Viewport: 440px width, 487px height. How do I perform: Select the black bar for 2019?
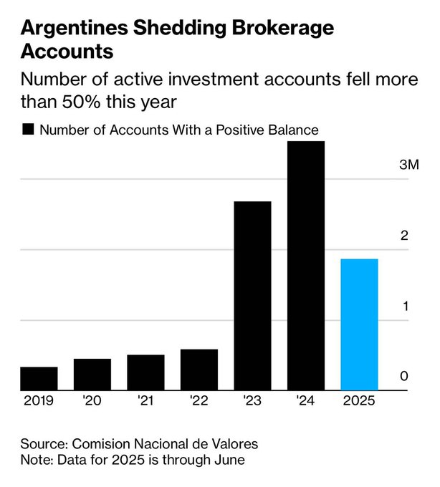[39, 379]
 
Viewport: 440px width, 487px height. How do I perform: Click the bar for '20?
[92, 375]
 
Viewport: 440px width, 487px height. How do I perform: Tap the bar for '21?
[145, 372]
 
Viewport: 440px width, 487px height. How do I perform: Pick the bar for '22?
[199, 370]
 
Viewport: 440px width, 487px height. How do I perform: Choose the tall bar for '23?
[252, 296]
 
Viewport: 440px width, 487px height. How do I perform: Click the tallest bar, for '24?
[306, 266]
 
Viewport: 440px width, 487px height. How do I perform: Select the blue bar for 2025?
[359, 324]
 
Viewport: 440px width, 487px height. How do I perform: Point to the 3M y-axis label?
[408, 165]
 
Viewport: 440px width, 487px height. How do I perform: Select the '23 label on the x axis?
[252, 401]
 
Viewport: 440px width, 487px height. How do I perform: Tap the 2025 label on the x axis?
[359, 401]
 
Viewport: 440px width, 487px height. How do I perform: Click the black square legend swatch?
[29, 130]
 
